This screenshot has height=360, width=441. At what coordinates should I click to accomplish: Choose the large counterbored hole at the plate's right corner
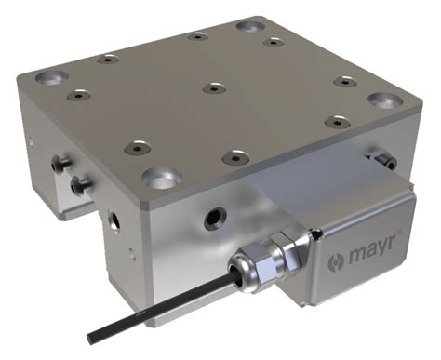[x=382, y=99]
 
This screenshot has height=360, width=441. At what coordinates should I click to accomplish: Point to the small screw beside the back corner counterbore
[x=273, y=42]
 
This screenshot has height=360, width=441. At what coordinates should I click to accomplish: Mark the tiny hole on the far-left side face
[x=30, y=143]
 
